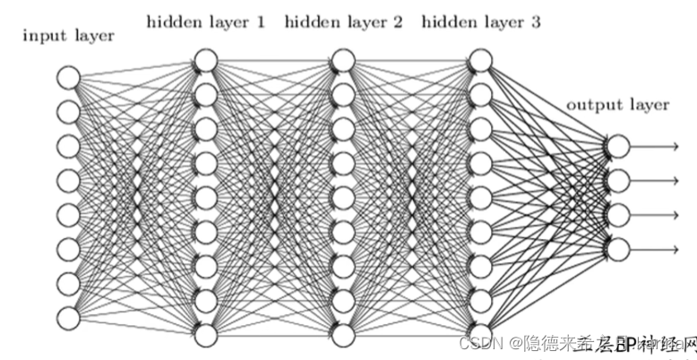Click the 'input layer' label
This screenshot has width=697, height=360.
pos(68,36)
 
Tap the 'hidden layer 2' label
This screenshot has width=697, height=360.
pos(344,21)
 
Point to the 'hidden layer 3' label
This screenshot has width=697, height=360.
pos(480,21)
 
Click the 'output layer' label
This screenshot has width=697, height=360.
pos(617,105)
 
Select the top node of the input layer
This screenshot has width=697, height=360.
pos(69,78)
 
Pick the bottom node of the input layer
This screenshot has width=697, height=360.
pos(69,318)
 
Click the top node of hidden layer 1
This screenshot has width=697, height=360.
pos(205,61)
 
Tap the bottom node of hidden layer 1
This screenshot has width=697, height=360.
pos(205,335)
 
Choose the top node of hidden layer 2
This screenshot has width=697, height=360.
pos(342,61)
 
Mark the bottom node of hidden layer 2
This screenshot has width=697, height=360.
pos(342,335)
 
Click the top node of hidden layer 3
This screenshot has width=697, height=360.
pos(479,61)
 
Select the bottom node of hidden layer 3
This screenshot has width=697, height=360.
pos(479,335)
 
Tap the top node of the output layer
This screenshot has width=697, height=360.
pos(617,146)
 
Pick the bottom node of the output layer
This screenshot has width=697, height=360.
pos(617,248)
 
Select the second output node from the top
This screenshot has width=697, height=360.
pos(617,180)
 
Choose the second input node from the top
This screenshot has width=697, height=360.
pos(69,112)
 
